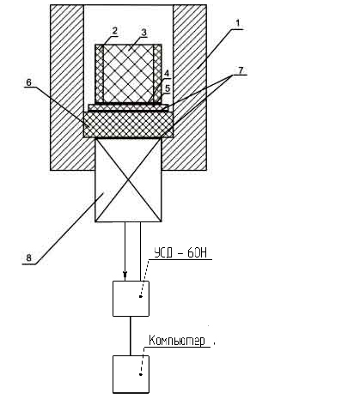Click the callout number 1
[x=238, y=23]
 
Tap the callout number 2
[x=114, y=31]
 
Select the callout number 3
[x=143, y=32]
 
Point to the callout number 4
[x=167, y=73]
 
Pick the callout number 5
[x=168, y=88]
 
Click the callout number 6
[x=28, y=82]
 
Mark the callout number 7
[x=241, y=70]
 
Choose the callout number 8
[x=28, y=258]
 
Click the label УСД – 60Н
[x=180, y=253]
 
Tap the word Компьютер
[x=177, y=341]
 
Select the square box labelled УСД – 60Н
[x=131, y=299]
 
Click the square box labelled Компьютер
[x=131, y=374]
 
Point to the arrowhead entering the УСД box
[x=125, y=276]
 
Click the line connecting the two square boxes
[x=131, y=336]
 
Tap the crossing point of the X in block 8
[x=128, y=180]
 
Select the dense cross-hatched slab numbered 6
[x=128, y=124]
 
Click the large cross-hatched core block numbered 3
[x=128, y=74]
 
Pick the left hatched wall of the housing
[x=67, y=88]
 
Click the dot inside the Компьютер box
[x=141, y=374]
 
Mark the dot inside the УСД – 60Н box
[x=141, y=297]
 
